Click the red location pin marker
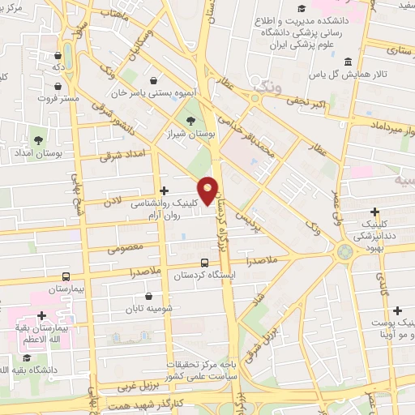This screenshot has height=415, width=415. [208, 190]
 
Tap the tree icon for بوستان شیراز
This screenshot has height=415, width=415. [191, 122]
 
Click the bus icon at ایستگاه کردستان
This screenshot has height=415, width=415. [204, 263]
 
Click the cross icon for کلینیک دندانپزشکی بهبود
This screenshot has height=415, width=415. [375, 212]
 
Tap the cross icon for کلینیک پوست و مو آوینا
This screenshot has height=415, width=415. [397, 310]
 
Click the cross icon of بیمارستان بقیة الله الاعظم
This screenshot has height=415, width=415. [41, 315]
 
